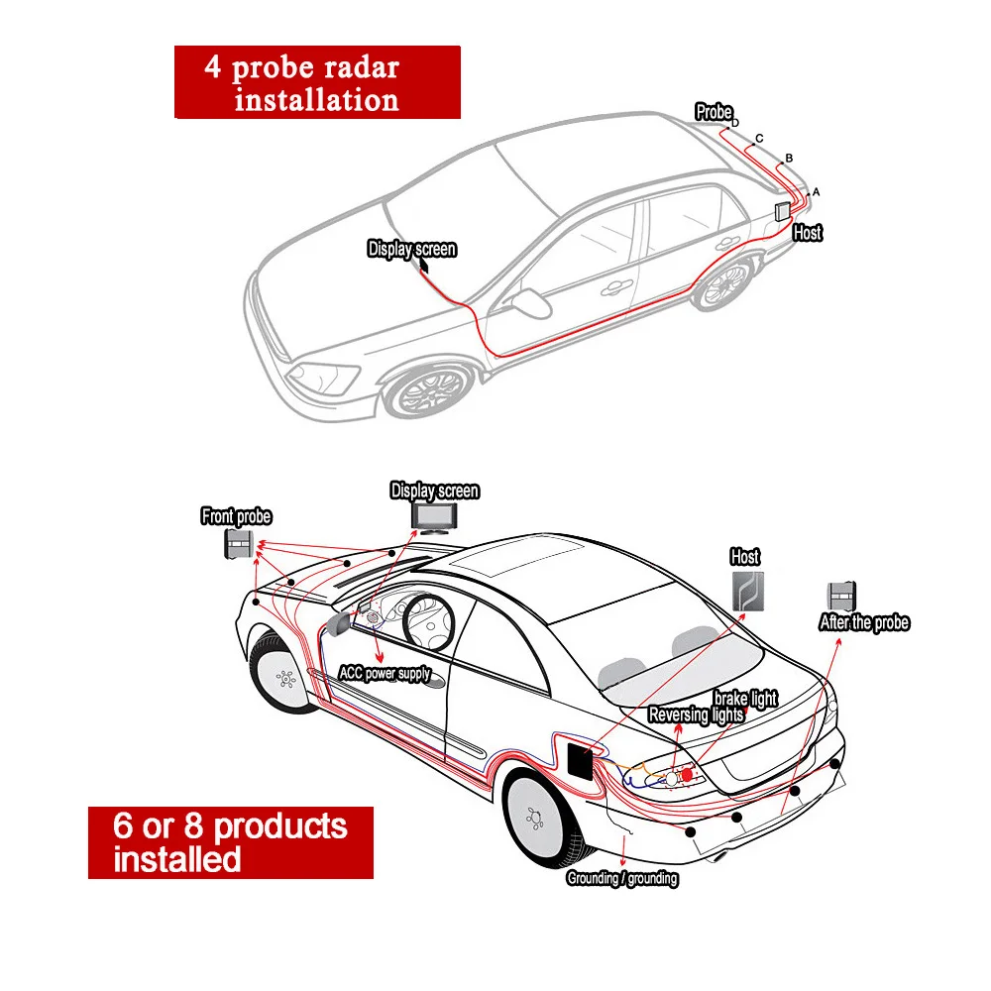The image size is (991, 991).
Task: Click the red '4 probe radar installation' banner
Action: (x=317, y=83)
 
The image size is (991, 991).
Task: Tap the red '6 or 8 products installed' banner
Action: (x=231, y=841)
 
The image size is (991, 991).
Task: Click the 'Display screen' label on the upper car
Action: (x=411, y=249)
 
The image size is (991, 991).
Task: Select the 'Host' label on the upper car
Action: (x=808, y=233)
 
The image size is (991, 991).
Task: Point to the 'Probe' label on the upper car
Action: (x=714, y=112)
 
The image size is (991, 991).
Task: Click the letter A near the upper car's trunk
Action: (x=816, y=191)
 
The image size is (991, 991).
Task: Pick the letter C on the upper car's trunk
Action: (x=759, y=139)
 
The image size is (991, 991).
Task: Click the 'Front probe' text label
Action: (x=236, y=516)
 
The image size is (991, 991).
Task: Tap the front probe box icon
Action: (x=239, y=544)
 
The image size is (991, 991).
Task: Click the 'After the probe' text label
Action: (x=863, y=622)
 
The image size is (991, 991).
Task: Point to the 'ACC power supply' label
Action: (x=385, y=674)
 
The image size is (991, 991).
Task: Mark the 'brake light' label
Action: (x=745, y=699)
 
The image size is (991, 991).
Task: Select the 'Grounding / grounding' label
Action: (x=621, y=878)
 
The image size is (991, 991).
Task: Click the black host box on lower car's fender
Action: (x=579, y=762)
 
